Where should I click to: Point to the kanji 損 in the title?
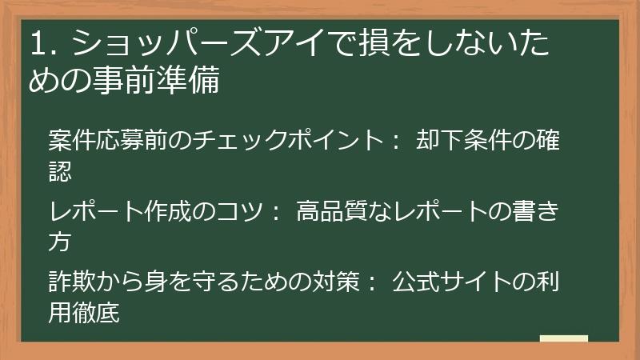pyautogui.click(x=376, y=45)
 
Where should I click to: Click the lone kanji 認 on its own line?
pyautogui.click(x=60, y=169)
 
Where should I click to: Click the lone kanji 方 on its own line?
pyautogui.click(x=60, y=241)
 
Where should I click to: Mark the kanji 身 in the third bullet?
pyautogui.click(x=156, y=285)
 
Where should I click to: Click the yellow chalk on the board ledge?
pyautogui.click(x=563, y=338)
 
